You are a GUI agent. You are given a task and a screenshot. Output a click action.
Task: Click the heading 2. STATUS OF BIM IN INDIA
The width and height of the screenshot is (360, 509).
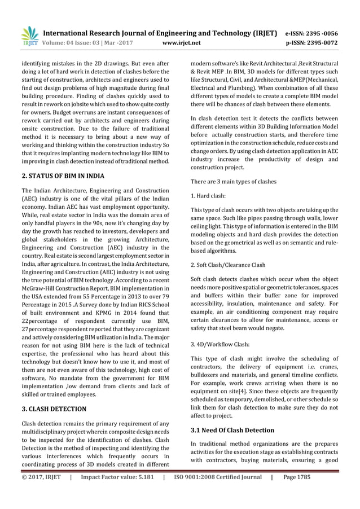(x=62, y=176)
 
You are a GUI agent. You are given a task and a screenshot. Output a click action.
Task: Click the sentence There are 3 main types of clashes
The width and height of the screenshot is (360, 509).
(x=234, y=181)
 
